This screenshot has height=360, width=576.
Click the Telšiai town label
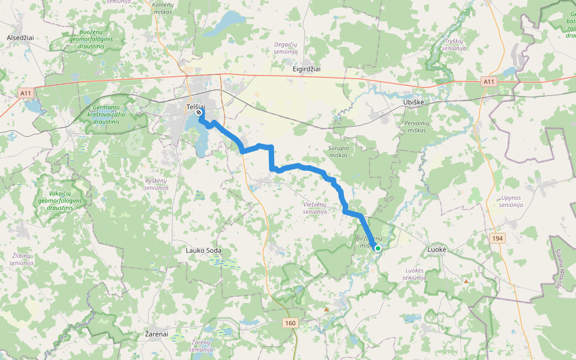(x=196, y=106)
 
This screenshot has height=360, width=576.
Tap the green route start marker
(x=378, y=248)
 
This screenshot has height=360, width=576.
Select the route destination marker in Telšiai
(x=199, y=112)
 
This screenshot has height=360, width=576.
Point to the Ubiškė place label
(x=412, y=103)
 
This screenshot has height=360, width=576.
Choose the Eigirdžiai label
(x=307, y=69)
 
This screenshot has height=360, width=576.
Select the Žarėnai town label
(x=157, y=334)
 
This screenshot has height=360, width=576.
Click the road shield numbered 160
(x=290, y=323)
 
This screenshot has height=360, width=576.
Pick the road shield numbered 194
(x=497, y=239)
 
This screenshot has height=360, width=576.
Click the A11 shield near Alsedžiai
(x=25, y=93)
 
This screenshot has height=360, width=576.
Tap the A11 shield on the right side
(x=489, y=82)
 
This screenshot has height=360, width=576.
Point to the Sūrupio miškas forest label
(x=338, y=151)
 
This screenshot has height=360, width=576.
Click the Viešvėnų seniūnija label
(x=314, y=208)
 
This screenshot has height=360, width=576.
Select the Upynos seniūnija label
(x=511, y=201)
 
